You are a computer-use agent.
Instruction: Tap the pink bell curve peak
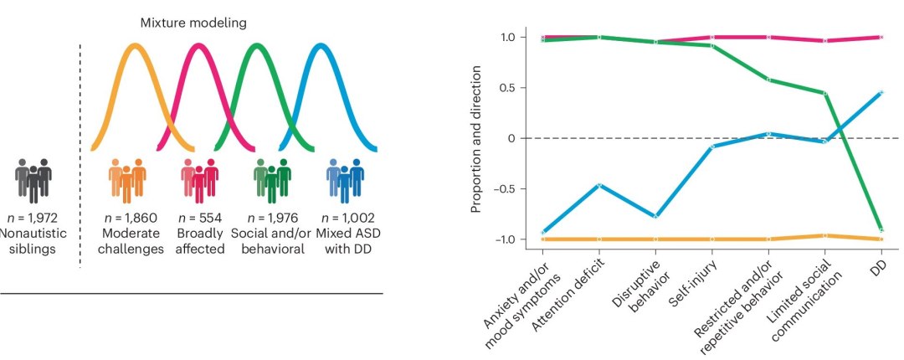point(198,47)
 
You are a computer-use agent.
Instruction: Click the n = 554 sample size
point(200,214)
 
